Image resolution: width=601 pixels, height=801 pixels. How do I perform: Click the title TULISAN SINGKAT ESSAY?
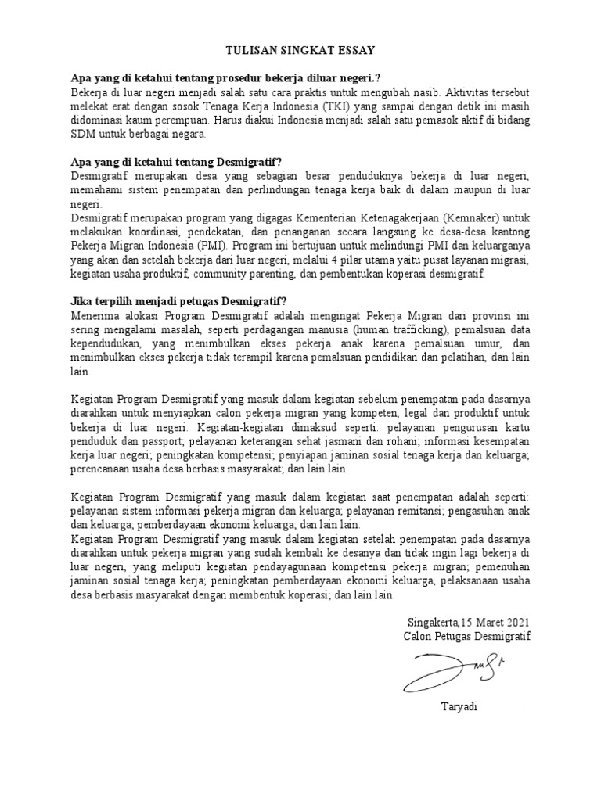(300, 50)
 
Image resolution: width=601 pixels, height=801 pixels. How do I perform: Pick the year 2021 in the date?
(516, 623)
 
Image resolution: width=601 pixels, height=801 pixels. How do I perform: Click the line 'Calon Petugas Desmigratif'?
(466, 637)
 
